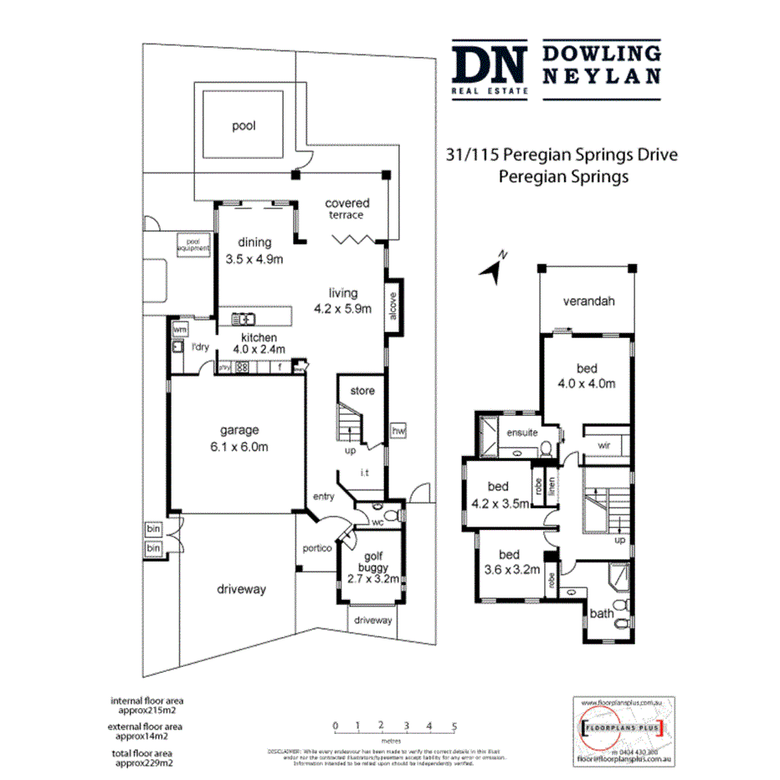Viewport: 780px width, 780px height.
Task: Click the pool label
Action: tap(244, 126)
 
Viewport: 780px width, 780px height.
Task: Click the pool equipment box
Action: tap(192, 244)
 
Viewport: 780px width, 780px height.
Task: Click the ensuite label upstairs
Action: tap(522, 433)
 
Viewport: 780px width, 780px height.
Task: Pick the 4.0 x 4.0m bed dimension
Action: tap(587, 384)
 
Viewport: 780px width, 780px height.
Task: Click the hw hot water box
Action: tap(398, 430)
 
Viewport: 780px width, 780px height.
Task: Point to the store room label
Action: tap(362, 391)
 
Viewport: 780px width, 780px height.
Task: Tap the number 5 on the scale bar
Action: tap(454, 726)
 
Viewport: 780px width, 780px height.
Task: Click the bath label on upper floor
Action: tap(601, 613)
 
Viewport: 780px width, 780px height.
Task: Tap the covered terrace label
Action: tap(346, 208)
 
